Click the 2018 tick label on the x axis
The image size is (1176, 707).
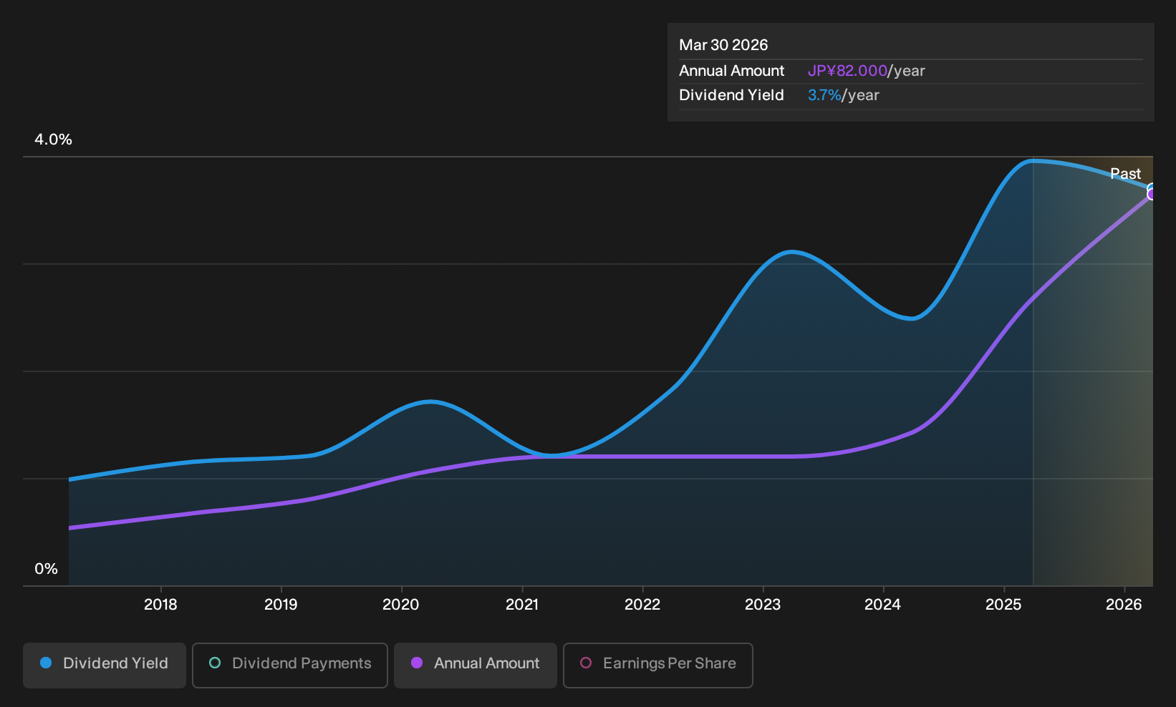click(x=160, y=605)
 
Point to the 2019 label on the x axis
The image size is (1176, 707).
click(x=281, y=605)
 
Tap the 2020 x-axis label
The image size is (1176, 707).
click(x=401, y=605)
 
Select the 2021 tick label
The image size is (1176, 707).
click(x=522, y=605)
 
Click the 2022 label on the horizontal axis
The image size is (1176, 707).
click(x=642, y=605)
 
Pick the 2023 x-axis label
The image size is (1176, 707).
click(x=763, y=605)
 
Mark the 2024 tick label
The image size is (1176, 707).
click(x=882, y=605)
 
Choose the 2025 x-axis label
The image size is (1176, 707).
click(x=1003, y=605)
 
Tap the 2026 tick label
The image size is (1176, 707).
click(x=1124, y=605)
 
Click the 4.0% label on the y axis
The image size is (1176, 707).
click(x=53, y=140)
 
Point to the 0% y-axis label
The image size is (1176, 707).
click(x=47, y=569)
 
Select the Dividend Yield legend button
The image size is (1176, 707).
click(x=105, y=665)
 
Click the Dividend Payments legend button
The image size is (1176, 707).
click(x=290, y=665)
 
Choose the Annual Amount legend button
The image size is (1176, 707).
click(x=475, y=665)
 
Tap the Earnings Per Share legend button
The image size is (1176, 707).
click(x=657, y=665)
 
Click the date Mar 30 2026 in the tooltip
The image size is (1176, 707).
click(x=723, y=45)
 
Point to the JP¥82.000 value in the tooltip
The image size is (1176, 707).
click(x=847, y=71)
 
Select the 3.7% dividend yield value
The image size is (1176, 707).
click(x=824, y=95)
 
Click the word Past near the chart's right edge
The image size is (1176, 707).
click(x=1126, y=174)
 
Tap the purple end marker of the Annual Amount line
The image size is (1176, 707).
click(x=1152, y=195)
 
